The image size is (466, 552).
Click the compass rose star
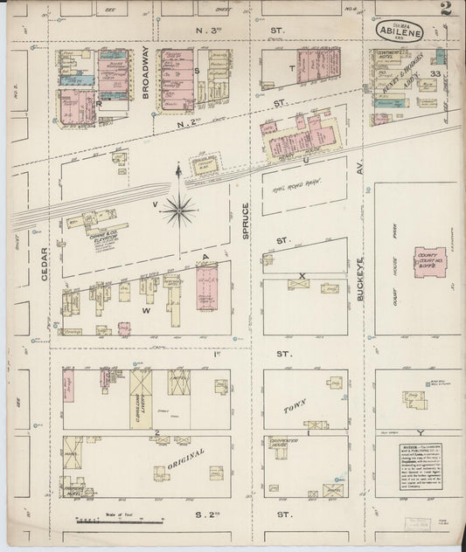178,208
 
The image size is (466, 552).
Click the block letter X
303,276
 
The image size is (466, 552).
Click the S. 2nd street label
213,516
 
